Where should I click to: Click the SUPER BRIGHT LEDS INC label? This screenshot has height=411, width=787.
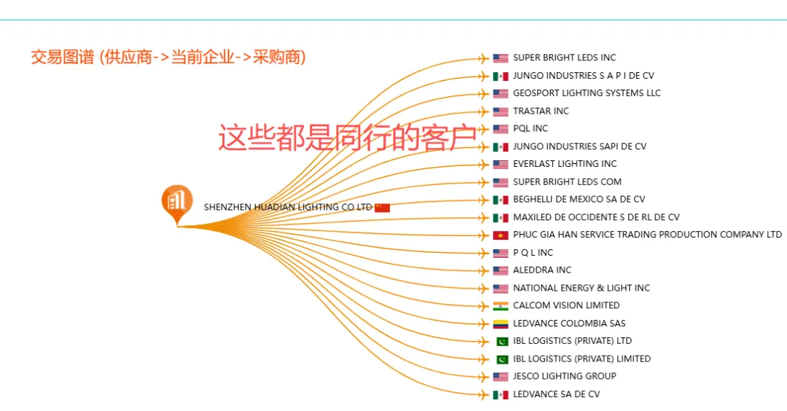tap(564, 58)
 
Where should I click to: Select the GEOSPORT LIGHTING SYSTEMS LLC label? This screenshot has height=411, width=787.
tap(587, 93)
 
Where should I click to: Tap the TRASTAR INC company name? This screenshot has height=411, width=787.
tap(541, 111)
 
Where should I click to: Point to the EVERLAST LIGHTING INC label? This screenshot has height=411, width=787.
tap(565, 164)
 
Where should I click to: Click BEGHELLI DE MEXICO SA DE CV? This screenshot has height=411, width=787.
tap(579, 200)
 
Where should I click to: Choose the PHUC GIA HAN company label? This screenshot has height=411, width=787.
tap(647, 235)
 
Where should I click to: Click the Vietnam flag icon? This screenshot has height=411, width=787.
tap(501, 235)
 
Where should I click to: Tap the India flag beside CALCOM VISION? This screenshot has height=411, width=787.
tap(501, 306)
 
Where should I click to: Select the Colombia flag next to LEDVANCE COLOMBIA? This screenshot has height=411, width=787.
tap(501, 324)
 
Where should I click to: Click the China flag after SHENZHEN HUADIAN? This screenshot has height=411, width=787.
tap(383, 208)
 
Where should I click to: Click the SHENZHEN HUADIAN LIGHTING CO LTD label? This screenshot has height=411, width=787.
tap(288, 208)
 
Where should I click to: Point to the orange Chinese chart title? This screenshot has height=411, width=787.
tap(168, 57)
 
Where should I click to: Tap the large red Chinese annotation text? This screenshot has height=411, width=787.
tap(348, 137)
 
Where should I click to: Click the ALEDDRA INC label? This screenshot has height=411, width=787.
tap(542, 270)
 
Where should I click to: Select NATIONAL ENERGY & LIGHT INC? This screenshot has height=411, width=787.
tap(582, 289)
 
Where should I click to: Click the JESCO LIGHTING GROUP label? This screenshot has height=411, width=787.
tap(565, 377)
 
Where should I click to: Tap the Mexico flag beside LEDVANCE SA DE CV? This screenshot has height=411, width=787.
tap(501, 395)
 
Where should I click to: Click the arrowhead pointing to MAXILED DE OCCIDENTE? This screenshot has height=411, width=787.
tap(483, 218)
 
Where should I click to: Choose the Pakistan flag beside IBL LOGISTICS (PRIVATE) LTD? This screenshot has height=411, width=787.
tap(501, 342)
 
